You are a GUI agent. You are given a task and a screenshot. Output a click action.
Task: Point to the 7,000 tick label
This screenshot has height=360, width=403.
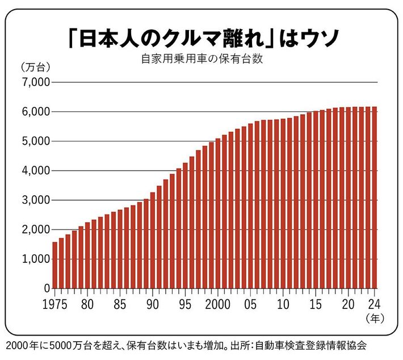tap(35, 82)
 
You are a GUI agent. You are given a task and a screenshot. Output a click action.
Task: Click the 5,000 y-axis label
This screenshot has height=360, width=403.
tap(35, 141)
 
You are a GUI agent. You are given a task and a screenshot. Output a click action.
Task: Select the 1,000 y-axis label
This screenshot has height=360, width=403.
tap(35, 259)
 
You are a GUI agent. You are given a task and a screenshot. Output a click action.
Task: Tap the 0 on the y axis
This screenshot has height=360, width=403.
tap(47, 288)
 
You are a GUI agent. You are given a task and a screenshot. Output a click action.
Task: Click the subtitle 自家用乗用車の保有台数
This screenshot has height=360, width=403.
tap(201, 59)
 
